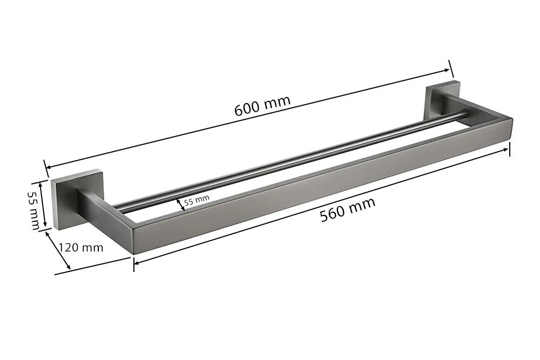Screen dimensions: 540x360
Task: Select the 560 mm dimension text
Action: tap(347, 209)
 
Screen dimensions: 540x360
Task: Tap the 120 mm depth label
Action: tap(81, 247)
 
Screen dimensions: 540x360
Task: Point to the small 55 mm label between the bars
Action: tap(197, 200)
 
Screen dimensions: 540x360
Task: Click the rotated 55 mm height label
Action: tap(33, 210)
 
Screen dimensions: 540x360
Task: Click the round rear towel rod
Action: tap(291, 160)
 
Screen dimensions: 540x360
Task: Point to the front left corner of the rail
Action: tap(132, 254)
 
